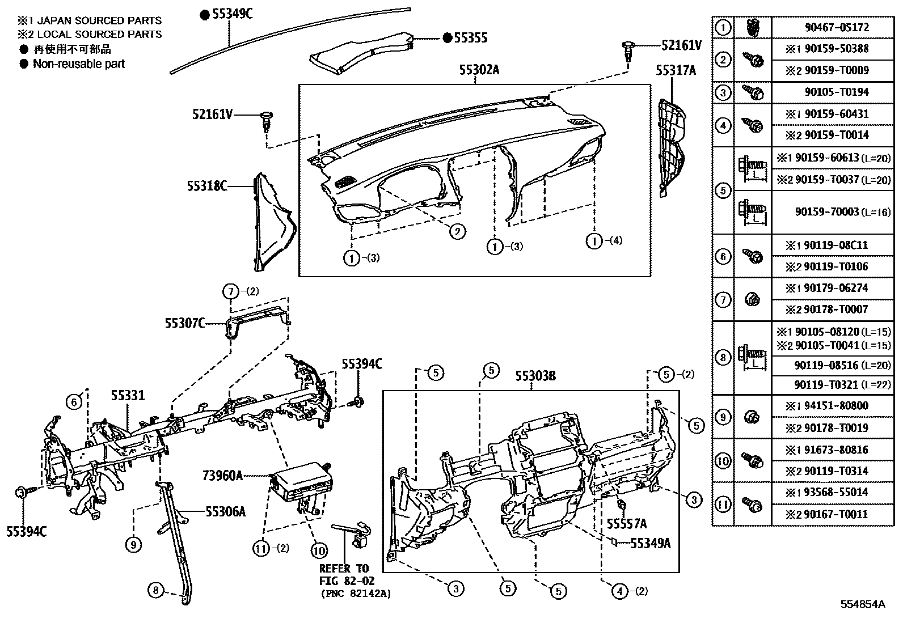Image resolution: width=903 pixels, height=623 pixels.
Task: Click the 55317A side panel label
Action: [x=676, y=70]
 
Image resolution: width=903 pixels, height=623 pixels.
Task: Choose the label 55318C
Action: [x=207, y=186]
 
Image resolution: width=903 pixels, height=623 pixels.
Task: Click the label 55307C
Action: [x=185, y=323]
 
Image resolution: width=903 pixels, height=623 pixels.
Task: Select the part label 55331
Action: [x=128, y=396]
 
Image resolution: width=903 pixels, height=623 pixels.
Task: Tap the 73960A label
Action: [x=222, y=476]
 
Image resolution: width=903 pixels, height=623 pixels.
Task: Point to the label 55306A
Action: [x=225, y=512]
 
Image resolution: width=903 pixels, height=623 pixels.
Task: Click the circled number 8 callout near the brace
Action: [x=155, y=591]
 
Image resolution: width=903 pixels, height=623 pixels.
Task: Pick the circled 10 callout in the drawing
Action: [x=319, y=550]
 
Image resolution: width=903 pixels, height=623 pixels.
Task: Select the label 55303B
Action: [x=535, y=376]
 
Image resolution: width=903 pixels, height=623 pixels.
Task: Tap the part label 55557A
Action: [x=626, y=523]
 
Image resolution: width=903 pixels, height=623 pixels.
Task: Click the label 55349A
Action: [x=651, y=544]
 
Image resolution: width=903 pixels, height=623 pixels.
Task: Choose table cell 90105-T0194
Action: [x=836, y=92]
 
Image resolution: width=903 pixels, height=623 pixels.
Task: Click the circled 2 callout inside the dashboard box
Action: [x=457, y=231]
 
